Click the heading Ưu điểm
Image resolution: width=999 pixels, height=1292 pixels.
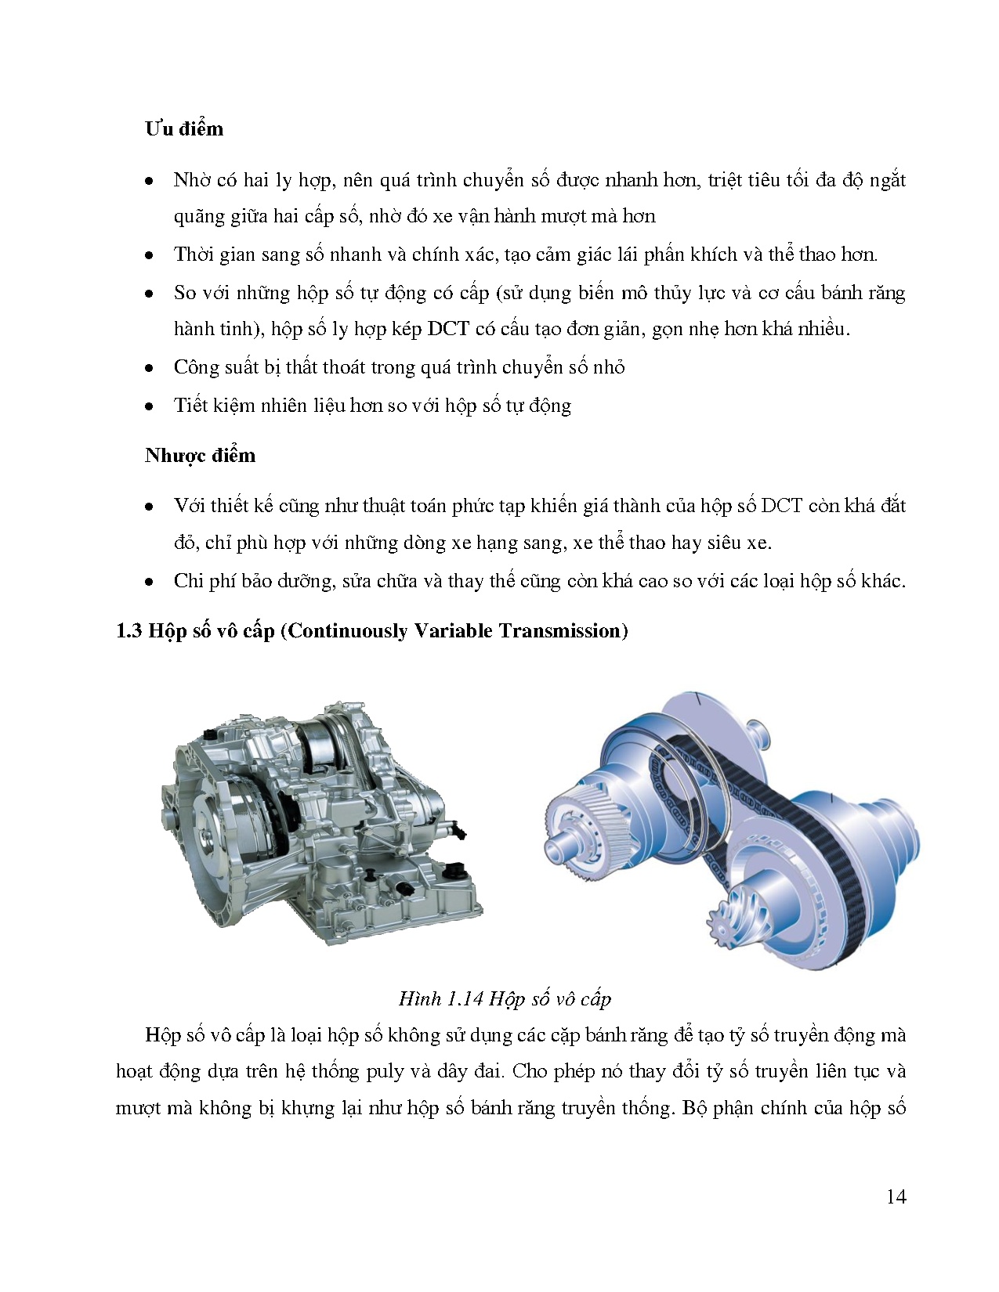184,129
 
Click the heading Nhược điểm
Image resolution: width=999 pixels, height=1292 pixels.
200,456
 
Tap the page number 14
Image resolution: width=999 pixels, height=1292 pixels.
896,1196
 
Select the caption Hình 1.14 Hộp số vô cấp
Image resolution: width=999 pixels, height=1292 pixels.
505,999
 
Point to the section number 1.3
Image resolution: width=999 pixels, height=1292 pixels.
128,631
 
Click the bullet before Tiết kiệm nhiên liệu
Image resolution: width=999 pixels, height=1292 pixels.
148,407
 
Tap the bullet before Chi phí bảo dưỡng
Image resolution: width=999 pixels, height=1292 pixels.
148,583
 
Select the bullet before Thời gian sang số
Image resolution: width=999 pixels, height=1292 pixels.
148,256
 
